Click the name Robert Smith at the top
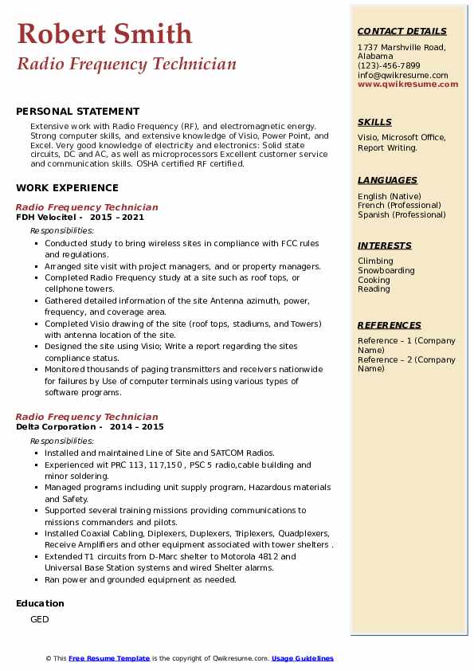104,33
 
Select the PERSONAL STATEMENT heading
77,112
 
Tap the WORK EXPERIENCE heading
67,188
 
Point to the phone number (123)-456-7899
389,66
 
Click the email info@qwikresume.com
400,75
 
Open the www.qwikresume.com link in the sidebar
408,84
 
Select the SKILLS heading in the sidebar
374,122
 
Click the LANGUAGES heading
387,180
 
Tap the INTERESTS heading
385,245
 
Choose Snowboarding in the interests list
386,270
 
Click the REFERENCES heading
390,325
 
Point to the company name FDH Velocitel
46,217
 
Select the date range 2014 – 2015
138,426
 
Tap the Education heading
40,603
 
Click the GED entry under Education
40,619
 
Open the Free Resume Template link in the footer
109,658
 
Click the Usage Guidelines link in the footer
302,658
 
